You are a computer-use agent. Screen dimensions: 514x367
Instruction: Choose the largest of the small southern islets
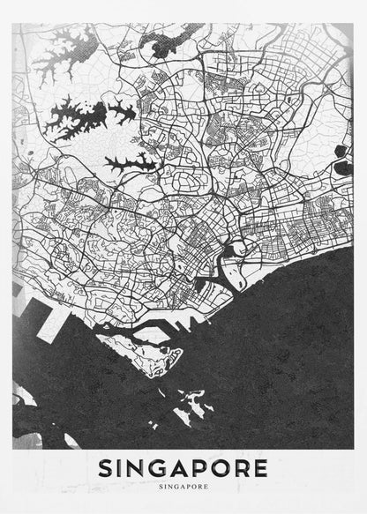pyautogui.click(x=190, y=411)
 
